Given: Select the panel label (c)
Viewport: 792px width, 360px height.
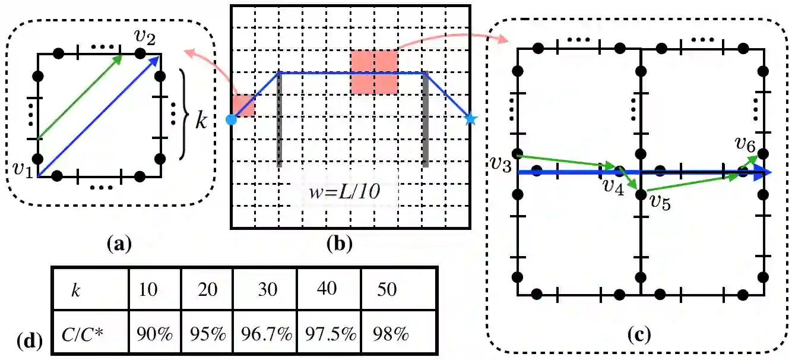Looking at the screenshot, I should pyautogui.click(x=638, y=334).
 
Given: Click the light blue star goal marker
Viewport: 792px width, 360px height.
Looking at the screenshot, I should pyautogui.click(x=470, y=119).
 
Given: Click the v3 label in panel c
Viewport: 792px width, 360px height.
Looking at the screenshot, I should pyautogui.click(x=501, y=163).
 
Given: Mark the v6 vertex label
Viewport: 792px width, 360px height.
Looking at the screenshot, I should pyautogui.click(x=746, y=143).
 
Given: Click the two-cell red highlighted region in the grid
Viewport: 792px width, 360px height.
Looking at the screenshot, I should pyautogui.click(x=374, y=72).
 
